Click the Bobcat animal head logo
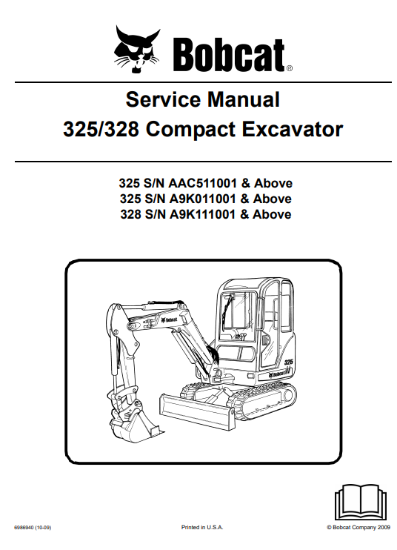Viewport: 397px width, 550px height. (136, 49)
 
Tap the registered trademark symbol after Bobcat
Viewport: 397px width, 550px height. (289, 69)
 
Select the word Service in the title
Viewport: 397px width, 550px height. (163, 99)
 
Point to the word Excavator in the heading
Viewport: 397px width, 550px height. (293, 129)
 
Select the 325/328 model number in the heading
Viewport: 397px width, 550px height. (101, 129)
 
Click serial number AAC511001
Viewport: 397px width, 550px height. (203, 183)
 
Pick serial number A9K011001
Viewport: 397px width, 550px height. (202, 199)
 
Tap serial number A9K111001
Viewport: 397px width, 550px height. (202, 214)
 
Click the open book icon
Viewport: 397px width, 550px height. (361, 502)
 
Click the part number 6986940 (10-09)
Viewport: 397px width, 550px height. (33, 527)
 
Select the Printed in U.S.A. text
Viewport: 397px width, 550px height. (201, 527)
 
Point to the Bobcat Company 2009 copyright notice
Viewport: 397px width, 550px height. (358, 527)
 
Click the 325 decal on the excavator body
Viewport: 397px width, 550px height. (288, 361)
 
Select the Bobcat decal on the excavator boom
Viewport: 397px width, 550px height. (169, 319)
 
